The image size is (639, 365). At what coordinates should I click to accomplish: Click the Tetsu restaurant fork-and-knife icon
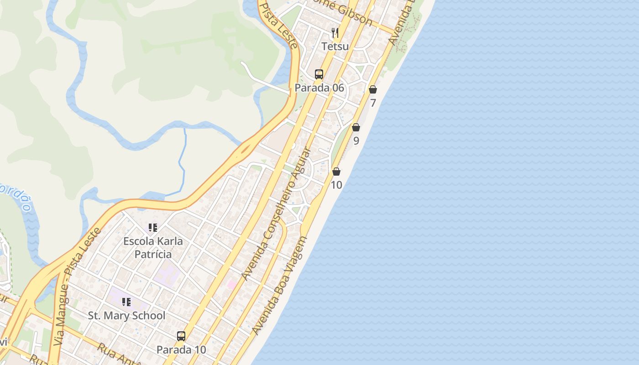point(335,32)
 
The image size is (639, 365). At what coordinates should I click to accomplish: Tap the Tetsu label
point(335,46)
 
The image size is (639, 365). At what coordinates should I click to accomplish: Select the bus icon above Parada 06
point(319,74)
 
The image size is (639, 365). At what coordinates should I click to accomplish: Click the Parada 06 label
point(319,88)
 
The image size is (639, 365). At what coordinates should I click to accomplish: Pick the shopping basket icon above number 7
point(373,89)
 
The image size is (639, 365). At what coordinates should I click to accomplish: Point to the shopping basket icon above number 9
point(356,127)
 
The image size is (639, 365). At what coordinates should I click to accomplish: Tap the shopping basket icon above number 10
point(336,172)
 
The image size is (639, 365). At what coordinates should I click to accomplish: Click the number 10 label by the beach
point(336,185)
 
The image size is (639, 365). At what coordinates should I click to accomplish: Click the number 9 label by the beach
point(356,141)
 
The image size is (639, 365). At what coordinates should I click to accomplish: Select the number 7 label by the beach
point(373,103)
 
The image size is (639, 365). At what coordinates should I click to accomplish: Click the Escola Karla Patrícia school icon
point(153,227)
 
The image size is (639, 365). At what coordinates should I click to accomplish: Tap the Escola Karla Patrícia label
point(153,247)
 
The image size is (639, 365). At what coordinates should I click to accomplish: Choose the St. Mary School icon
point(126,302)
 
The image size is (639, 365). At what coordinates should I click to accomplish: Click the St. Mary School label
point(126,315)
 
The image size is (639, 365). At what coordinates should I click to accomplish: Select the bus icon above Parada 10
point(181,336)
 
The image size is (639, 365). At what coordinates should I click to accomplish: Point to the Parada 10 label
point(181,350)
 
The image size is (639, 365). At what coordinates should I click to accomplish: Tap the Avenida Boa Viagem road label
point(279,285)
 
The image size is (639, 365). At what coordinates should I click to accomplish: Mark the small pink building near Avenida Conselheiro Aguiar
point(232,285)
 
